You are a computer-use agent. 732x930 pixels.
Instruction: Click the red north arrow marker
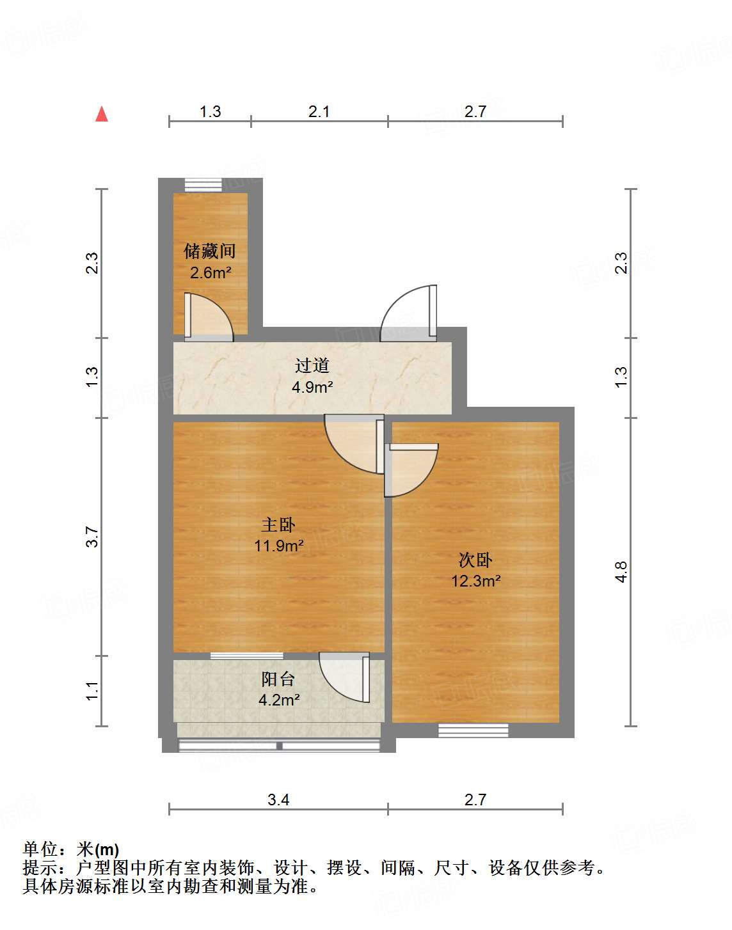[x=102, y=114]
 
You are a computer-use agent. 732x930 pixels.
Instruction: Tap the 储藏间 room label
[x=210, y=251]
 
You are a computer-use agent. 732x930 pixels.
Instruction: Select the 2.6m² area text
[x=211, y=272]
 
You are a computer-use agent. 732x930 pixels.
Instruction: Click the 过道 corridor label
[x=312, y=365]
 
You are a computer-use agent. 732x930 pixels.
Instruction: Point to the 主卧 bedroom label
[x=278, y=525]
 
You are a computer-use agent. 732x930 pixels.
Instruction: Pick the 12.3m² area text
[x=475, y=581]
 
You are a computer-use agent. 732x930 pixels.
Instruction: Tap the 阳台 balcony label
[x=278, y=679]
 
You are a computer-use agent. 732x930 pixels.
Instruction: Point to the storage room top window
[x=203, y=185]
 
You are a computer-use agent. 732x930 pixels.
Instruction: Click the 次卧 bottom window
[x=473, y=730]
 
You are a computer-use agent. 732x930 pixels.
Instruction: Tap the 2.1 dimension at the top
[x=319, y=112]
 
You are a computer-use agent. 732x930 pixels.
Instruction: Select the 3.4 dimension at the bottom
[x=278, y=800]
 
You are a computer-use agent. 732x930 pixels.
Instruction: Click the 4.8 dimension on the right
[x=621, y=571]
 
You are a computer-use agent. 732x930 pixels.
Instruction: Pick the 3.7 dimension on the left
[x=93, y=537]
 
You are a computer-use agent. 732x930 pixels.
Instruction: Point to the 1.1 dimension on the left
[x=93, y=691]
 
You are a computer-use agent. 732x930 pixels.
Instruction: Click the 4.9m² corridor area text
[x=312, y=387]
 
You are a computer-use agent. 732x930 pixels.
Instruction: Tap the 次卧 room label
[x=475, y=560]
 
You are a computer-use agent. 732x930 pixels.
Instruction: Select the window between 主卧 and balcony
[x=247, y=656]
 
